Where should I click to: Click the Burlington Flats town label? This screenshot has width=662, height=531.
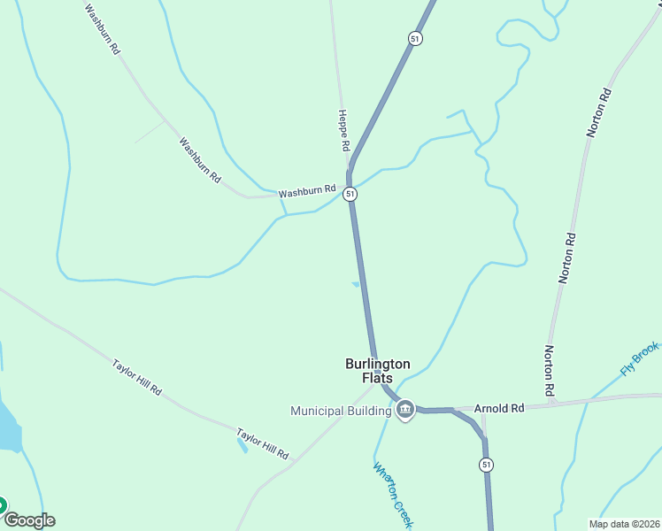377,370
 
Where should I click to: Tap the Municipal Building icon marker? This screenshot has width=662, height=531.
405,410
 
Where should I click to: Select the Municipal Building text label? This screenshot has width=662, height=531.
341,411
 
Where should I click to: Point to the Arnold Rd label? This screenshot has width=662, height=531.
499,408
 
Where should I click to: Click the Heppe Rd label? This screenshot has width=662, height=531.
343,129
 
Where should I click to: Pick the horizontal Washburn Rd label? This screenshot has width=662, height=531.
307,190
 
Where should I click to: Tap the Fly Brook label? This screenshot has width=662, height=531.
639,358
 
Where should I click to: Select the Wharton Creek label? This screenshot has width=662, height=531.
394,496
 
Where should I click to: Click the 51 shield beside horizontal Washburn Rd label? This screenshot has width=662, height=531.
350,194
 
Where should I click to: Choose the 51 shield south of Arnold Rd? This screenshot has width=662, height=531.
486,465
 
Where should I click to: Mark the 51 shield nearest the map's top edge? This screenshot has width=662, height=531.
414,38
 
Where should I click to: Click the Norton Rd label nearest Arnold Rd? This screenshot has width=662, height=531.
550,369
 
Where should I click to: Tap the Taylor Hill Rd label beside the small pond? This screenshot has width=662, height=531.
262,443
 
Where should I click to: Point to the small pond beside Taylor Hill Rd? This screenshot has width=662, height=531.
242,445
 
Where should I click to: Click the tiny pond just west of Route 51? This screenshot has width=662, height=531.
356,284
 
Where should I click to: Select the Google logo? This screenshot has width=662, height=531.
28,520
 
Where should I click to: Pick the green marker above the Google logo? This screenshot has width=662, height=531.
2,505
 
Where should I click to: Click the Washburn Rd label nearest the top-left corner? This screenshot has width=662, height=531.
102,29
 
